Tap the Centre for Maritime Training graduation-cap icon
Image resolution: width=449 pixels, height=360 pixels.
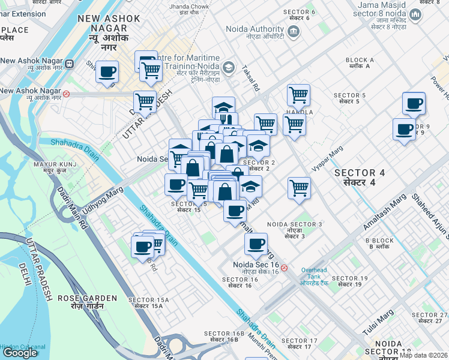point(228,67)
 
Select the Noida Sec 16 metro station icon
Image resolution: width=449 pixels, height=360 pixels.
point(284,268)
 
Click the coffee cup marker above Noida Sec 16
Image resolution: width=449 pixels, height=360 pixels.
point(256,244)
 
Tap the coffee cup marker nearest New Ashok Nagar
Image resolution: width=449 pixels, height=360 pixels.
point(107,72)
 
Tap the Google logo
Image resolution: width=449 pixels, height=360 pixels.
point(20,353)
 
